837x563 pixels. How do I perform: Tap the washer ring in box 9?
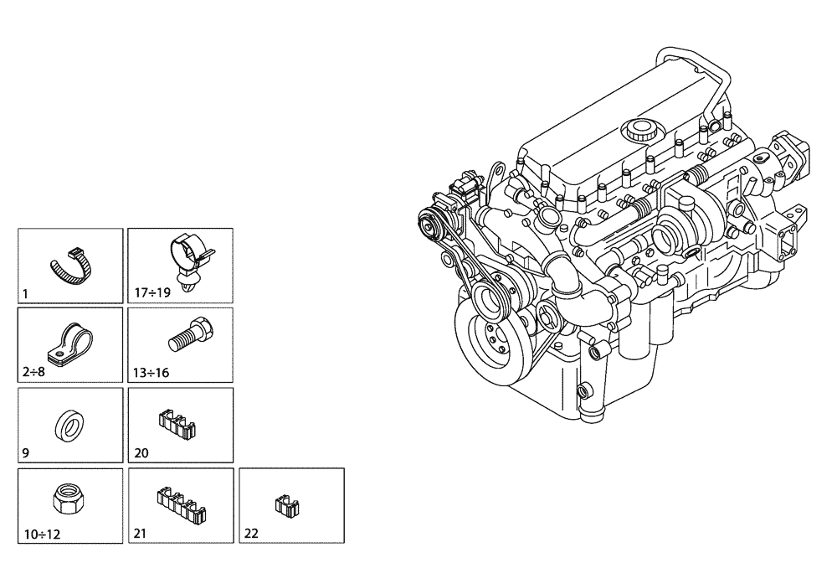68,426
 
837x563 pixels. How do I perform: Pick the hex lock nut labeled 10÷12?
66,501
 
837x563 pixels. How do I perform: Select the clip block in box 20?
177,421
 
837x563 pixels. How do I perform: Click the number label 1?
26,294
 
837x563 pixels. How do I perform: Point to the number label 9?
26,453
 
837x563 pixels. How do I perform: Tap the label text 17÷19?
151,294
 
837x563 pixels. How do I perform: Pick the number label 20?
141,453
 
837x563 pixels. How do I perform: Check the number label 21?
141,533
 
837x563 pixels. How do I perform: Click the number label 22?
252,533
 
